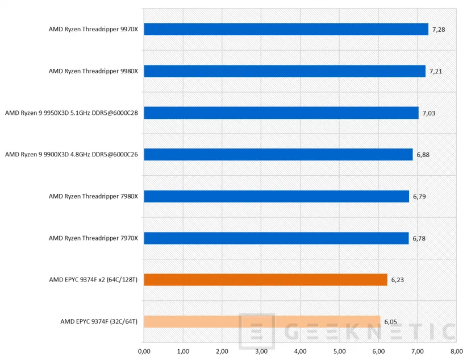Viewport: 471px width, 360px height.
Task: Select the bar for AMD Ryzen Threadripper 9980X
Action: (x=285, y=71)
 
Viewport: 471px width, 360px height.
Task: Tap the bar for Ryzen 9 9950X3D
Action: (x=281, y=113)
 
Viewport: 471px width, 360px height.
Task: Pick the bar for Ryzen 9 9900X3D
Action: (x=278, y=155)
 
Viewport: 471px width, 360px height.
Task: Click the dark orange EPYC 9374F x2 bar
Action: (x=265, y=279)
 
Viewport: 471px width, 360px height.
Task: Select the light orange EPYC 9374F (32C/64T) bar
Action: (x=262, y=321)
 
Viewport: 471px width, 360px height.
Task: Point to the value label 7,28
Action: (x=438, y=29)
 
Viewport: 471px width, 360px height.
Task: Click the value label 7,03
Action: (x=428, y=113)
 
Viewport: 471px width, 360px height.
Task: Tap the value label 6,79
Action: (x=419, y=196)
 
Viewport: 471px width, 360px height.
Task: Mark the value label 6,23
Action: (x=397, y=279)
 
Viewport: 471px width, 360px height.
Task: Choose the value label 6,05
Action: (x=390, y=321)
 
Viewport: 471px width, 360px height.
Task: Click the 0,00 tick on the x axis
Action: (x=144, y=351)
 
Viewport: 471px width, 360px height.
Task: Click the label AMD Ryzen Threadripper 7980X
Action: (x=93, y=196)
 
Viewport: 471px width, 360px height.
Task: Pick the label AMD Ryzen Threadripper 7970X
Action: (x=93, y=238)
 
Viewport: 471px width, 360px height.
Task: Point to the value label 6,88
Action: (x=423, y=155)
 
